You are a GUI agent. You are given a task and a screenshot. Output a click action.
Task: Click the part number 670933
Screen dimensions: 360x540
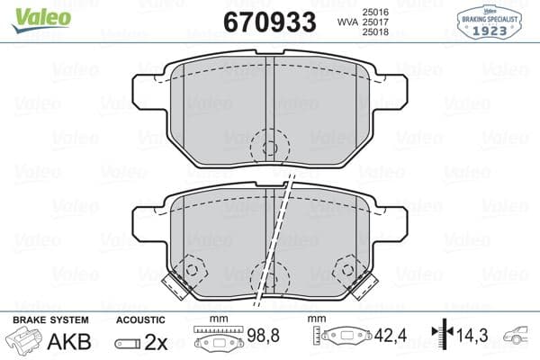tap(268, 22)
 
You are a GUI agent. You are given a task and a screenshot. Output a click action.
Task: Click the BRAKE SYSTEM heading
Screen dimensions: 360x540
tap(49, 320)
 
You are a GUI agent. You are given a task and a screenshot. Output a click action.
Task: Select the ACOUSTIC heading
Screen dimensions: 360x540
tap(141, 320)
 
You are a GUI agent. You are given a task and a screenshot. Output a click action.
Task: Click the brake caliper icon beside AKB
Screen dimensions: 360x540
tap(25, 343)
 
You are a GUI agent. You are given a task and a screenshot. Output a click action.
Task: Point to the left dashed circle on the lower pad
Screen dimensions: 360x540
tap(191, 267)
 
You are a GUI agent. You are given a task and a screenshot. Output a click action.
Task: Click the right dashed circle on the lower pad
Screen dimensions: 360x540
tap(346, 267)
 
